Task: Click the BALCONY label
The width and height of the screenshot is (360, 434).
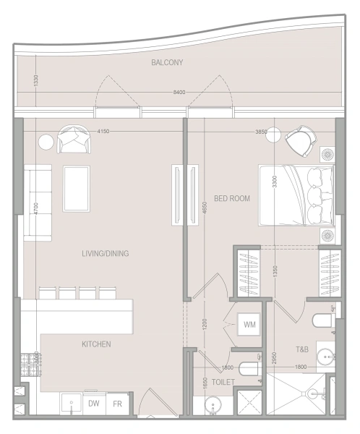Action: point(167,63)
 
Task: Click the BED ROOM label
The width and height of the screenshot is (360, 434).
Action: point(231,197)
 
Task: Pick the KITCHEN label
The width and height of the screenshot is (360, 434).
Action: point(96,344)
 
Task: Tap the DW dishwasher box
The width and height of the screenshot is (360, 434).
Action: point(94,404)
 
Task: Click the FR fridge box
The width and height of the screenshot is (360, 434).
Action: point(116,404)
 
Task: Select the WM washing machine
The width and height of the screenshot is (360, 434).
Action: point(249,325)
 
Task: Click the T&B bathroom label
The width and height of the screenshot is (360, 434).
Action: point(302,349)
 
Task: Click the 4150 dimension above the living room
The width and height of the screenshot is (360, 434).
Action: point(103,131)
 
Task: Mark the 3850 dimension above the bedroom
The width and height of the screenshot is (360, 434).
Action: point(261,132)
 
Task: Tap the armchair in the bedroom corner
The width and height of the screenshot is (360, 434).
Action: point(299,140)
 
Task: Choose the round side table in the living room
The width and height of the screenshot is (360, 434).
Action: point(46,141)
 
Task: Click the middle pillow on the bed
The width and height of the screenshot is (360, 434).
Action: point(317,196)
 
